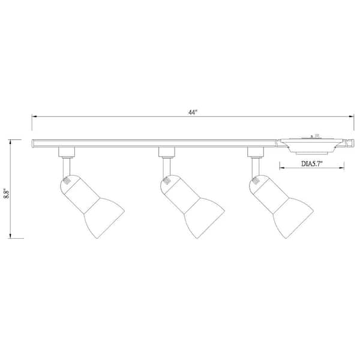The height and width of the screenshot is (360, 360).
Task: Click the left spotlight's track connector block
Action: (67, 151)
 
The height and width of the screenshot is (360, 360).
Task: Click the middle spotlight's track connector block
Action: (166, 151)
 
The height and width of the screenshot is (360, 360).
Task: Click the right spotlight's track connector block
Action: (256, 151)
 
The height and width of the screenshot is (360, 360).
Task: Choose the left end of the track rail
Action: (34, 143)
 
